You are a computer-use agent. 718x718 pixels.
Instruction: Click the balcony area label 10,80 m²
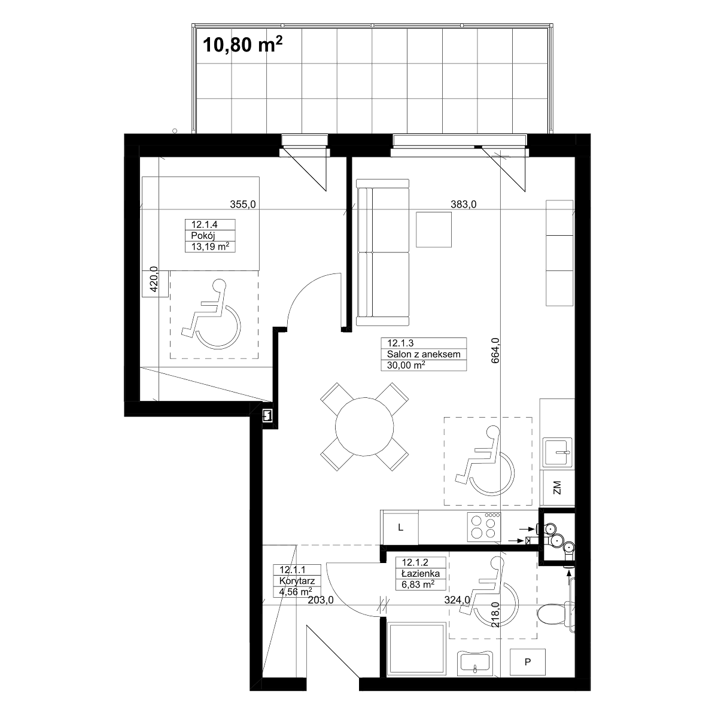[242, 44]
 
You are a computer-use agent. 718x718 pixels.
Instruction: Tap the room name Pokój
[203, 236]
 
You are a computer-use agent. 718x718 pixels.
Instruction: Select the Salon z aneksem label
[424, 354]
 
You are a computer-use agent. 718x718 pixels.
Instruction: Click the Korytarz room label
[297, 580]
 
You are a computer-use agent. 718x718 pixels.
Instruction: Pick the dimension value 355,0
[243, 204]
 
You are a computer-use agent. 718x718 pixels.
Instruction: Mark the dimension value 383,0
[464, 204]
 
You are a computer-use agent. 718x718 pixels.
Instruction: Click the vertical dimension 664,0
[495, 350]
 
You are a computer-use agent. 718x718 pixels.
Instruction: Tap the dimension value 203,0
[321, 600]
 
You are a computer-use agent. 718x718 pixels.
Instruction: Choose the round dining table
[364, 427]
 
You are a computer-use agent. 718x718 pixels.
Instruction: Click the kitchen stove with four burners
[483, 527]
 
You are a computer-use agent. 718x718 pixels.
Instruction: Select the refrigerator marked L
[400, 528]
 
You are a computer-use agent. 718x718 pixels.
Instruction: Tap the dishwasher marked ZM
[557, 488]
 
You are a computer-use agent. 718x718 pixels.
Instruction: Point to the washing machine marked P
[527, 662]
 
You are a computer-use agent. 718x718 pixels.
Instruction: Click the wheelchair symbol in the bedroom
[211, 315]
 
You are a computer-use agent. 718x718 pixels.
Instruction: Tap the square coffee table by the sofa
[434, 230]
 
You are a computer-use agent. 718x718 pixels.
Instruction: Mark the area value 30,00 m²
[406, 365]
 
